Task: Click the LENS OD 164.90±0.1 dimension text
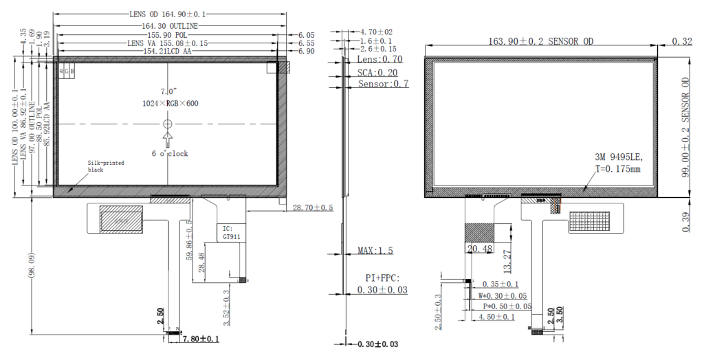click(x=168, y=14)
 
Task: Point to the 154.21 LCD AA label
click(x=169, y=52)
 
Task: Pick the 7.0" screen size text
click(x=168, y=91)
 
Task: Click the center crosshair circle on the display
click(x=167, y=124)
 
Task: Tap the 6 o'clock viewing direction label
click(x=170, y=153)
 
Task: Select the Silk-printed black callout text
click(x=104, y=166)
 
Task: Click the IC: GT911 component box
click(x=228, y=232)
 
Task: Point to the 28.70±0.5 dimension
click(x=313, y=207)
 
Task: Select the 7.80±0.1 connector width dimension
click(x=200, y=339)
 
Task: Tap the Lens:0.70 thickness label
click(x=380, y=60)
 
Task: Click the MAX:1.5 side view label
click(x=375, y=251)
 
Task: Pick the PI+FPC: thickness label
click(x=382, y=278)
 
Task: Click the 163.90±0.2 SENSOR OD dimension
click(x=541, y=42)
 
